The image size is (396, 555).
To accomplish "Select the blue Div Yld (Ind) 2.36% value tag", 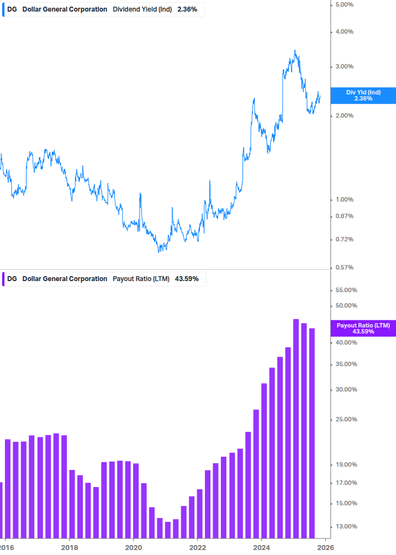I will (x=363, y=95).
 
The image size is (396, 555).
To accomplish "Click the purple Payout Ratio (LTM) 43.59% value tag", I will (x=363, y=329).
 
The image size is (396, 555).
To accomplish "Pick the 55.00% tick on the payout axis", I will (x=346, y=290).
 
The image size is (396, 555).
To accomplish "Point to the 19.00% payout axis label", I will (x=346, y=464).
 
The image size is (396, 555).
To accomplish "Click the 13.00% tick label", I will (x=346, y=526).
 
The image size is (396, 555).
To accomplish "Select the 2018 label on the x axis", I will (x=69, y=548).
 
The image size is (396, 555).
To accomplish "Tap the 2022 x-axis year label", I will (x=197, y=548).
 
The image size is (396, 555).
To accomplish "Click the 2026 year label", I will (x=325, y=548).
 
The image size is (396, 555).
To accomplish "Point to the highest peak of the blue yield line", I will (x=295, y=50).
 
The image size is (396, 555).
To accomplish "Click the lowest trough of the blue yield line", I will (x=159, y=252).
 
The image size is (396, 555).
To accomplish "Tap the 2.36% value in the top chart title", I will (x=187, y=9).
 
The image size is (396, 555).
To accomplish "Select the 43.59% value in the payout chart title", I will (x=187, y=279).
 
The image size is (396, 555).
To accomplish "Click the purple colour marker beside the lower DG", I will (x=3, y=279).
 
